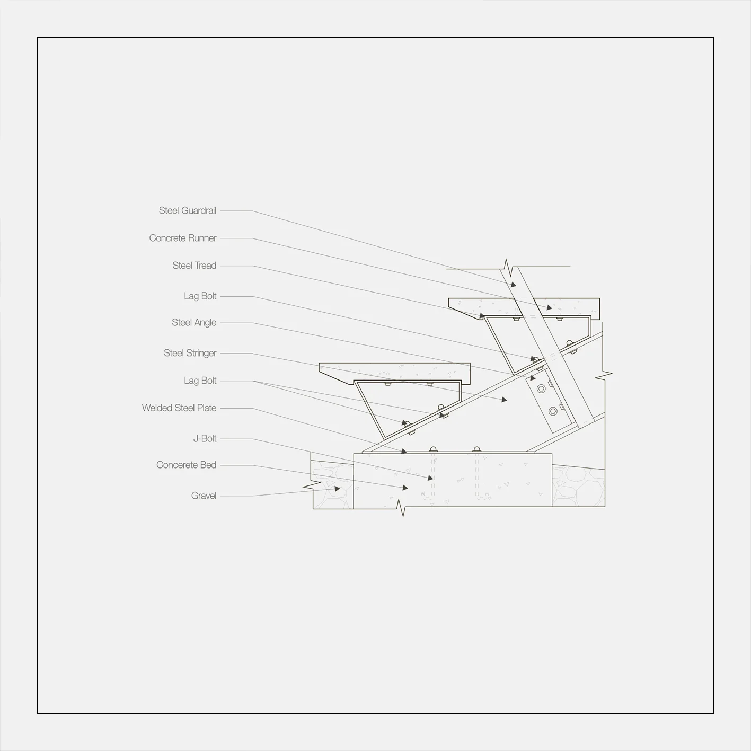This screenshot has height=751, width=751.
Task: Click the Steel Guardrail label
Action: click(x=188, y=211)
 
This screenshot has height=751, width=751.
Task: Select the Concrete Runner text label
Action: click(x=183, y=238)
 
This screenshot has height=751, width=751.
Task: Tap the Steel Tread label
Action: click(x=194, y=266)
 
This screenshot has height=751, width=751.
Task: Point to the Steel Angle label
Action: click(x=194, y=323)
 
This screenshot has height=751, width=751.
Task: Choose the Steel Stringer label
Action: click(x=190, y=353)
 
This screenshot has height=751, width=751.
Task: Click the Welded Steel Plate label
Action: click(x=179, y=408)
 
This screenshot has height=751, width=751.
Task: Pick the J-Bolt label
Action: click(x=205, y=439)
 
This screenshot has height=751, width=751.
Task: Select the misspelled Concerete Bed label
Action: click(x=186, y=465)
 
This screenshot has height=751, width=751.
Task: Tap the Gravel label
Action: click(x=204, y=496)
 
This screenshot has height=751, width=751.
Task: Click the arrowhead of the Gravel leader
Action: click(x=338, y=489)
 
